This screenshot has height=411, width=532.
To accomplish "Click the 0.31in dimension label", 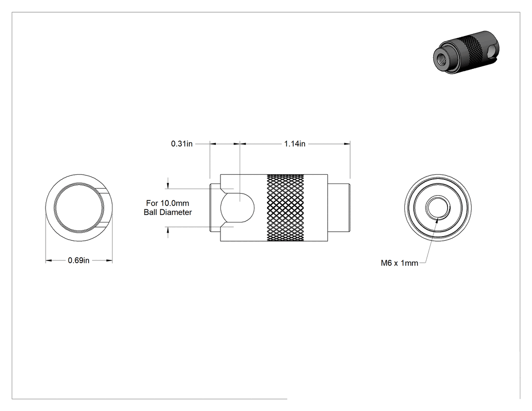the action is pos(181,143).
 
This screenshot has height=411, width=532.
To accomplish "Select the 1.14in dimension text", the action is pos(294,143).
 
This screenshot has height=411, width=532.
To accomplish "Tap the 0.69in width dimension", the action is pos(79,260).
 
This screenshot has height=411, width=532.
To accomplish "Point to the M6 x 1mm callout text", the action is pos(399,263).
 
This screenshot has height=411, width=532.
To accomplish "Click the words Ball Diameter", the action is pos(168,212).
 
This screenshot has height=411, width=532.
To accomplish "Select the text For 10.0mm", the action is pos(168,203).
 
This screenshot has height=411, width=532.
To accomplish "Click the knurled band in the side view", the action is pos(285,208).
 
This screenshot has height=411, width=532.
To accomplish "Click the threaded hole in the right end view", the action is pos(438,208).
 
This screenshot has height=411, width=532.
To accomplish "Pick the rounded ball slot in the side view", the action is pos(238,207).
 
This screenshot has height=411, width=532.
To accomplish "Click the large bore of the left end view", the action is pos(79,208).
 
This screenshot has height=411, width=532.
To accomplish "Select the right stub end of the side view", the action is pos(339,208).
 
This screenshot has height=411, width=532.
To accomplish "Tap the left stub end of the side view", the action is pos(215,208).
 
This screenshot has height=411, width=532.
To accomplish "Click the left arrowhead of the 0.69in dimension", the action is pos(49,260).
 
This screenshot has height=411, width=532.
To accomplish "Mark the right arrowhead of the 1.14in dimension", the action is pos(347,144).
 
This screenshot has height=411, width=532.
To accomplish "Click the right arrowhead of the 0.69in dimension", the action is pos(109,260).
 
